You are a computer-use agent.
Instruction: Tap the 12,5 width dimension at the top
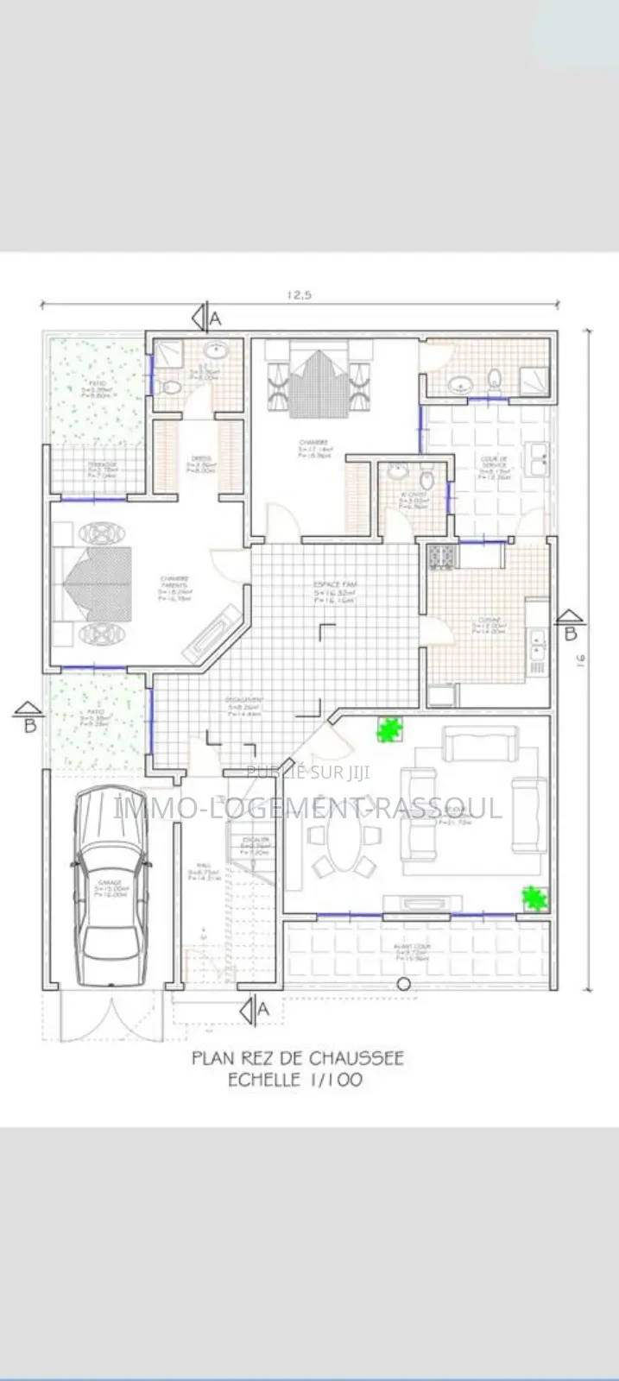299,295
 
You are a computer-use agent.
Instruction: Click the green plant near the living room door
390,730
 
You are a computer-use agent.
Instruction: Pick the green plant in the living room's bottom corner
535,899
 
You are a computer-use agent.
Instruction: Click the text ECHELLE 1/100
294,1080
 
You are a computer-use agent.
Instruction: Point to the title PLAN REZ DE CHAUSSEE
297,1057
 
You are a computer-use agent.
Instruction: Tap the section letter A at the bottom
263,1008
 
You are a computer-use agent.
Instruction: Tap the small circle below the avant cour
402,984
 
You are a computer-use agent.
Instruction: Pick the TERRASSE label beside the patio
102,467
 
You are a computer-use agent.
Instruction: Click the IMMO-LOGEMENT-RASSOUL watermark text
308,808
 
